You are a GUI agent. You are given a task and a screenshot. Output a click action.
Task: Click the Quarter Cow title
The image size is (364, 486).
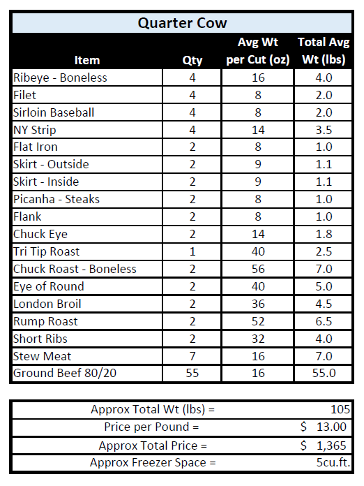(x=182, y=23)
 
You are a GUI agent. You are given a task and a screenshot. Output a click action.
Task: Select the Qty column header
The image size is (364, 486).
(x=192, y=61)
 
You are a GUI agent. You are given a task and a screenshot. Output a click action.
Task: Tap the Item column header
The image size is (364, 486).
(x=86, y=61)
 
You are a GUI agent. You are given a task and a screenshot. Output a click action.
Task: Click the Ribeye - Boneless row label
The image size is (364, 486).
(x=60, y=78)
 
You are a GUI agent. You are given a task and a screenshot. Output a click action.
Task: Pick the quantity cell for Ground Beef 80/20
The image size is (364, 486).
(x=192, y=374)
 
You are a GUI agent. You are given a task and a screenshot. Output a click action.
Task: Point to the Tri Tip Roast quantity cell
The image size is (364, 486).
(x=192, y=251)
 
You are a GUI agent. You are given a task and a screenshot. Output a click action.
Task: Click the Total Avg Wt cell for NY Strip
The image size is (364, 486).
(x=324, y=130)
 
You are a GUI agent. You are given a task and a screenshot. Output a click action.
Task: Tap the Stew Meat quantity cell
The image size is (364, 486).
(x=192, y=356)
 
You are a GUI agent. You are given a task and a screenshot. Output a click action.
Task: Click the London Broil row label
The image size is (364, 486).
(x=47, y=304)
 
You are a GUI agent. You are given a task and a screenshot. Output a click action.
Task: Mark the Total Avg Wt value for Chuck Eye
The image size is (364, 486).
(x=324, y=234)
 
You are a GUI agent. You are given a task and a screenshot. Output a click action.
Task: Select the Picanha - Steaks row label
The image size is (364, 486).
(x=56, y=199)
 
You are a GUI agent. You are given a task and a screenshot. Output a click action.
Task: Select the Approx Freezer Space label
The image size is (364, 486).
(x=153, y=462)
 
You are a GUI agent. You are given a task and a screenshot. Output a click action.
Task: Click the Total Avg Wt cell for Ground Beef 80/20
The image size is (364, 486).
(x=324, y=374)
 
